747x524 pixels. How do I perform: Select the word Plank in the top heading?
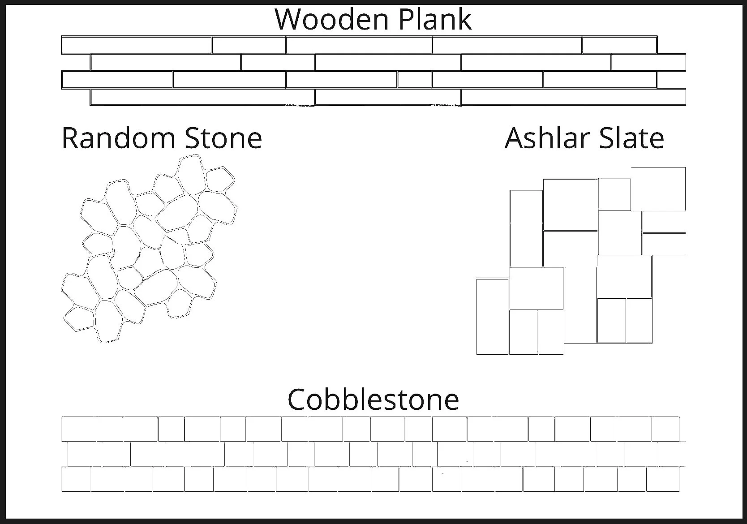click(434, 19)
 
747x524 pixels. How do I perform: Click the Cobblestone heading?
click(373, 399)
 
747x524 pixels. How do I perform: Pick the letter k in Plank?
click(464, 19)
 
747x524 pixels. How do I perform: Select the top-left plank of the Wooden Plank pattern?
click(136, 45)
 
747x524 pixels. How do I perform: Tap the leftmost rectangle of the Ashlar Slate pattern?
click(492, 316)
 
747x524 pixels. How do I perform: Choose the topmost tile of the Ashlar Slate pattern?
click(658, 188)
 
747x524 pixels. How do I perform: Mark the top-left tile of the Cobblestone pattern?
click(79, 429)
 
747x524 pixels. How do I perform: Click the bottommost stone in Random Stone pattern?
click(108, 322)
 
